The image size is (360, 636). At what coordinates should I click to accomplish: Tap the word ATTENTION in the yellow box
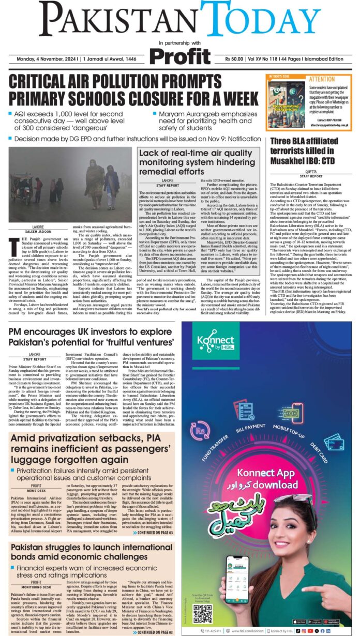click(321, 79)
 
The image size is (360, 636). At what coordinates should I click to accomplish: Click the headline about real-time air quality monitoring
click(199, 162)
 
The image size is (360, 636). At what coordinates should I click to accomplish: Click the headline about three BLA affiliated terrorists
click(311, 153)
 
